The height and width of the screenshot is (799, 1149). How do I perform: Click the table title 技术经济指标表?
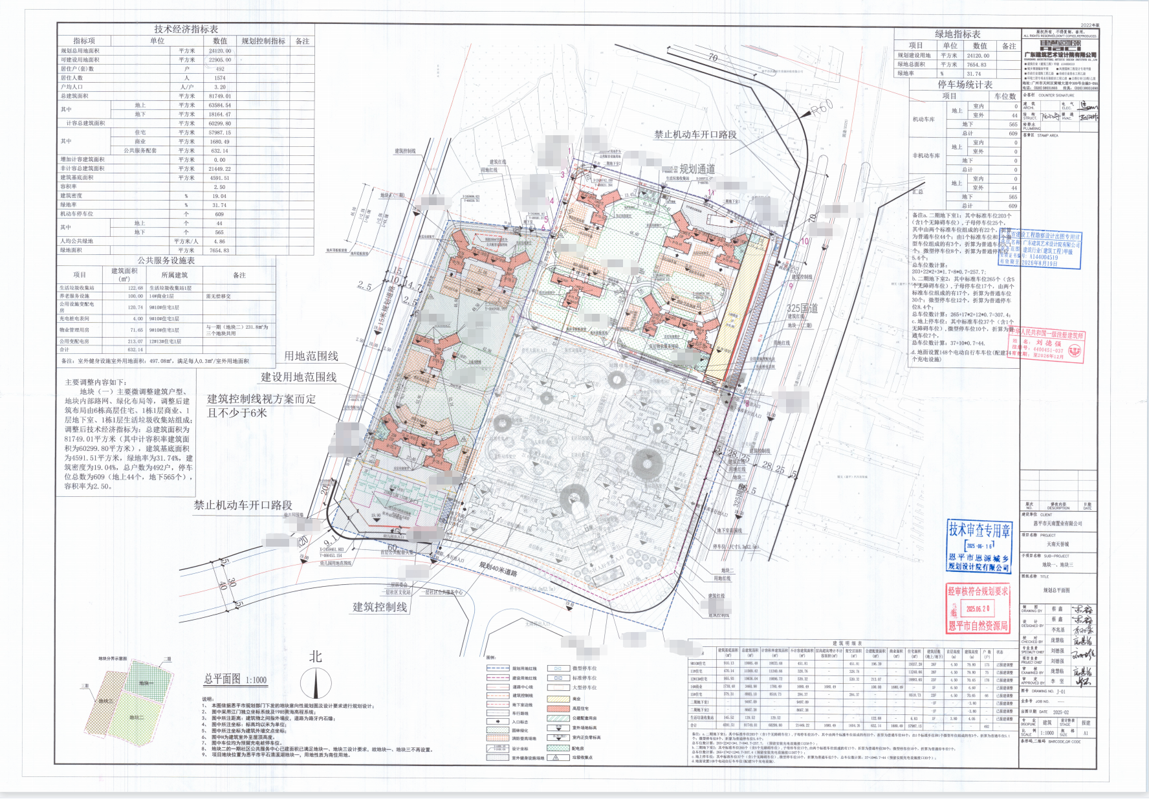click(x=186, y=29)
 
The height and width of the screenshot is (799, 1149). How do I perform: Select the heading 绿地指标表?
click(x=957, y=34)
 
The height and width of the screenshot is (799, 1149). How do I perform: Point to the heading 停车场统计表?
click(x=965, y=85)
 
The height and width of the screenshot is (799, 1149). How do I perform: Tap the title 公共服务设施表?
click(x=166, y=260)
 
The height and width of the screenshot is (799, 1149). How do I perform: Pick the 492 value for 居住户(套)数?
click(x=220, y=69)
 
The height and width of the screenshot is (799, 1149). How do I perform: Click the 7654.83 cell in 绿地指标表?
click(x=977, y=65)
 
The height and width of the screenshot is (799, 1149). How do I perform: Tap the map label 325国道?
click(x=802, y=309)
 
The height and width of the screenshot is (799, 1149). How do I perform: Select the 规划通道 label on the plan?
click(x=697, y=169)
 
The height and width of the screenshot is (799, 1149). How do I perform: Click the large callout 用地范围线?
click(x=311, y=356)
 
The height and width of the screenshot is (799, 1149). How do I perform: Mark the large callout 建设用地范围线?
click(x=298, y=377)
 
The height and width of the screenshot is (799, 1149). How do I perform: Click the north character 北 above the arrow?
click(x=316, y=657)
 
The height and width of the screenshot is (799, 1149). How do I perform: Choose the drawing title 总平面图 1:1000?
click(x=235, y=679)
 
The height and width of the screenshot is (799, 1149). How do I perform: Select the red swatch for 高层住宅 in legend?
click(x=558, y=708)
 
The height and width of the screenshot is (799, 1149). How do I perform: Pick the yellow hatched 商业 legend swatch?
click(x=558, y=699)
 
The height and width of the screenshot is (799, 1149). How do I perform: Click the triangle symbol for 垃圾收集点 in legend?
click(x=557, y=757)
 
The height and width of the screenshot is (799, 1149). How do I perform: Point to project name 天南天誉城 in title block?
click(x=1058, y=544)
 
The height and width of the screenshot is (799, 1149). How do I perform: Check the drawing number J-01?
click(x=1060, y=692)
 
